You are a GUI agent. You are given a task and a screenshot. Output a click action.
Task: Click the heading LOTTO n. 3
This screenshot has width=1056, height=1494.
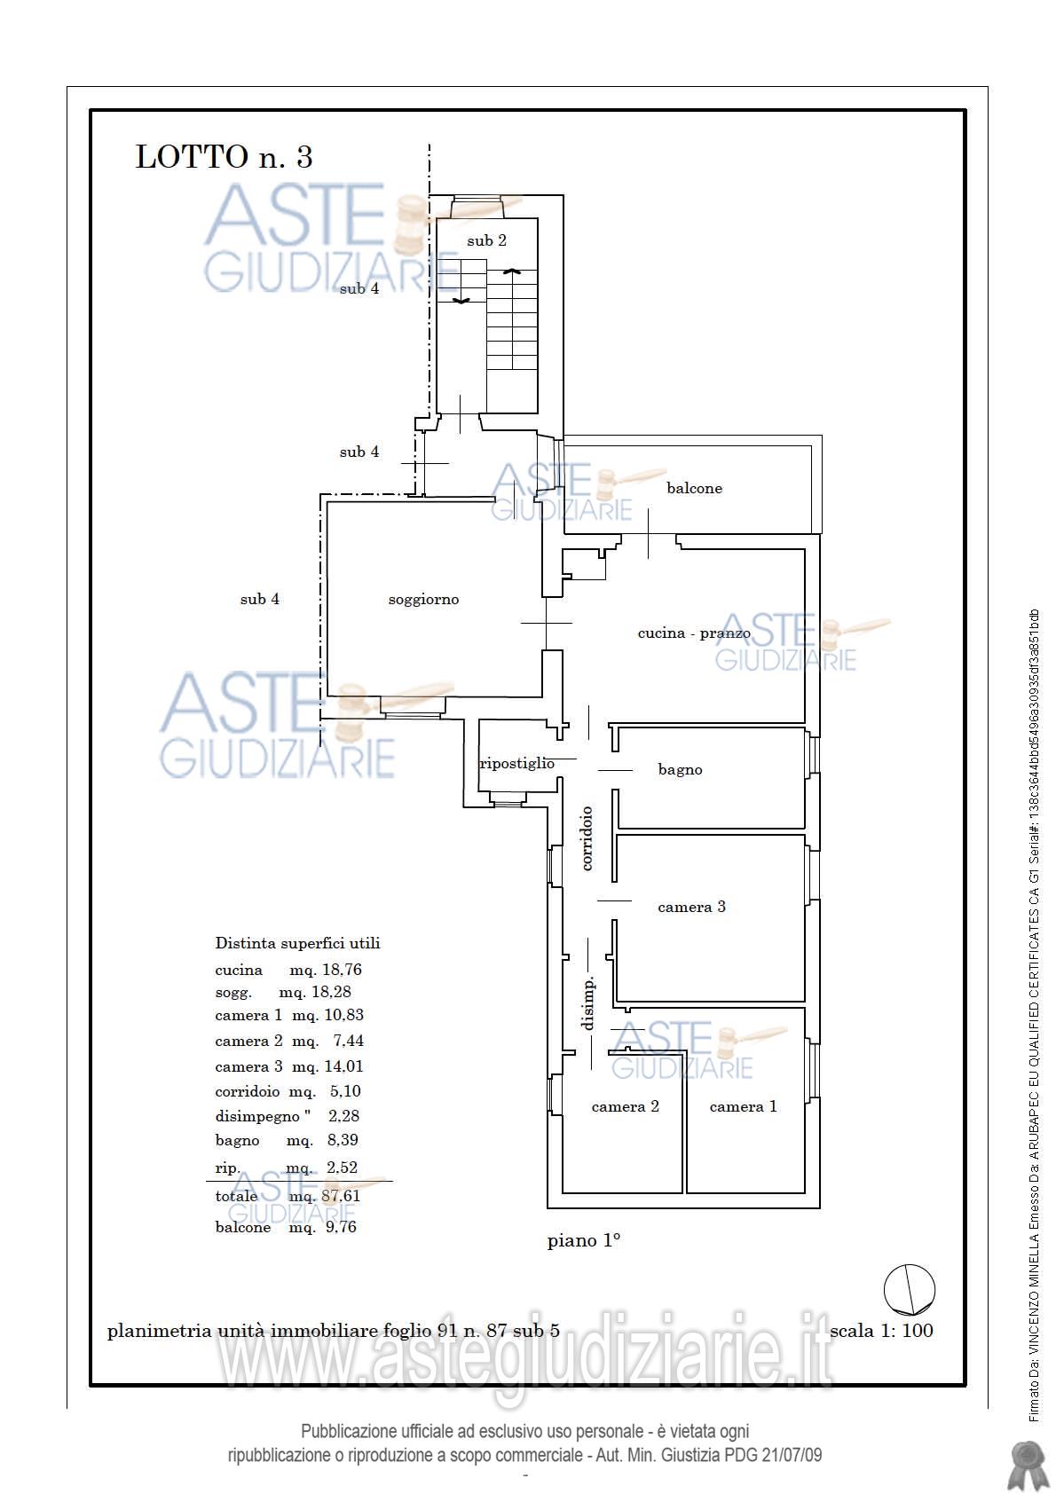(x=225, y=157)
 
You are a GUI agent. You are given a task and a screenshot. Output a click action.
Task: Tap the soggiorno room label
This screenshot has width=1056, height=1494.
(x=423, y=600)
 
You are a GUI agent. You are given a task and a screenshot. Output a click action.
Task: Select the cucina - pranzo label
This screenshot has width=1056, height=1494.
(x=694, y=633)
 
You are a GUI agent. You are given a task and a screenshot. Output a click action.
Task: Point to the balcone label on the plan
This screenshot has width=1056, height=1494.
(x=695, y=488)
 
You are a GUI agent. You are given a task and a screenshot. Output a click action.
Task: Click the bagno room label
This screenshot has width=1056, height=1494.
(x=680, y=770)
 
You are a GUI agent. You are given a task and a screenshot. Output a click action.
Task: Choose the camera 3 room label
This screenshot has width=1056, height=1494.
(x=691, y=907)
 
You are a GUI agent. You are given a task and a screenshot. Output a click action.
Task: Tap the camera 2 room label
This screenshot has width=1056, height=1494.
(x=625, y=1106)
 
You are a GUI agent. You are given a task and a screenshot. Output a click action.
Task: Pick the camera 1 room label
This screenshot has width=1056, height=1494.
(x=743, y=1106)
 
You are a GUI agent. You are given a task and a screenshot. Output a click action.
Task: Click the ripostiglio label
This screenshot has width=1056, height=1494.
(x=517, y=763)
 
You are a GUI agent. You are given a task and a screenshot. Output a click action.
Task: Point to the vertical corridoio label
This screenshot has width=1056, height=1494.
(x=587, y=838)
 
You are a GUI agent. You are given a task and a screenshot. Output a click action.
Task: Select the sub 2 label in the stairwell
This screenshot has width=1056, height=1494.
(x=486, y=240)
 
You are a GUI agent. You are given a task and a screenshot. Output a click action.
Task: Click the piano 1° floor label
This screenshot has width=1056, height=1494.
(x=584, y=1240)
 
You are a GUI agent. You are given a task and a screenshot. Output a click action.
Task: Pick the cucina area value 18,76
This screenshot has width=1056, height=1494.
(x=343, y=970)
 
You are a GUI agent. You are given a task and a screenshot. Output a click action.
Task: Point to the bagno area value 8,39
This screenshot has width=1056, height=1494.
(x=343, y=1140)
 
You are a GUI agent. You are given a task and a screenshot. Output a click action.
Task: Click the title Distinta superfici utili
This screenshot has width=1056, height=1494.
(x=297, y=943)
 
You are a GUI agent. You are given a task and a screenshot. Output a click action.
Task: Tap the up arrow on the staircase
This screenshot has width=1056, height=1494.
(x=512, y=271)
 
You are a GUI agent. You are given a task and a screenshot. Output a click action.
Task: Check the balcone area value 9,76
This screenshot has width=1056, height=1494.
(x=341, y=1227)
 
